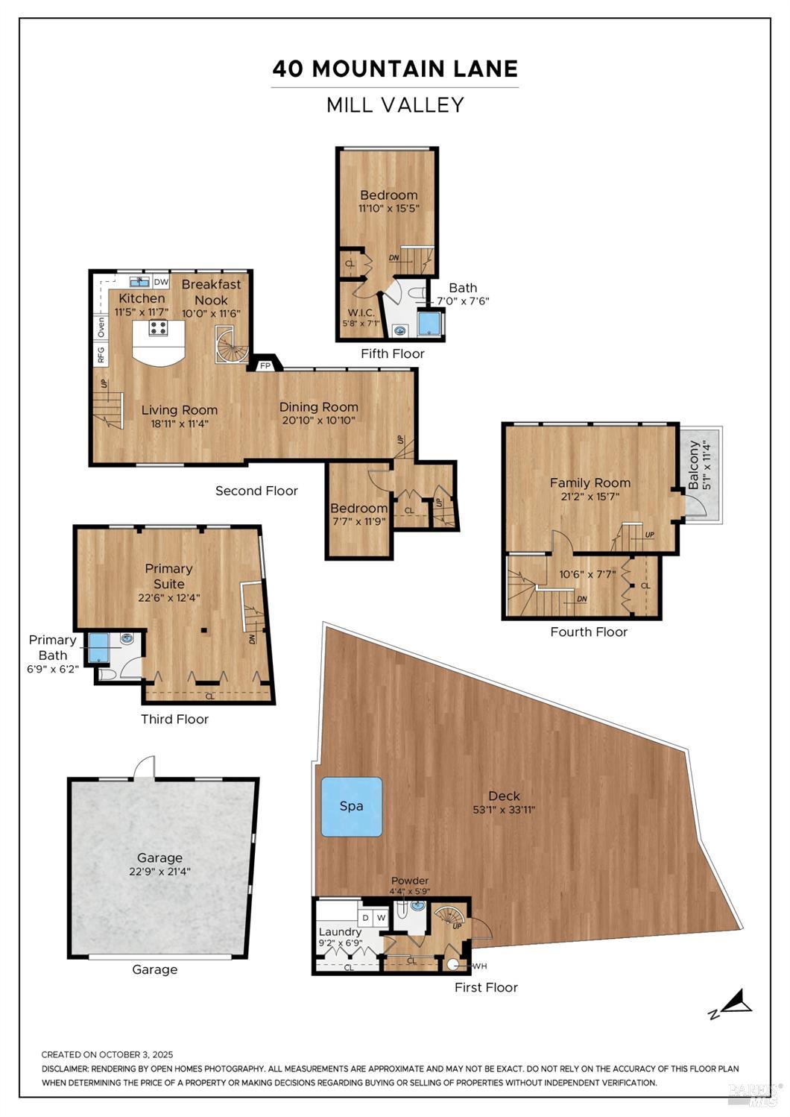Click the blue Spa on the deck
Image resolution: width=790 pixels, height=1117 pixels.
tap(351, 806)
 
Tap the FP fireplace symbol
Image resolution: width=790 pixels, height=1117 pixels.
tap(265, 365)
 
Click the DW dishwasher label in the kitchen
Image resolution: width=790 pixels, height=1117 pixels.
tap(161, 282)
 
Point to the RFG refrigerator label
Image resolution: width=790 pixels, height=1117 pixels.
tap(101, 355)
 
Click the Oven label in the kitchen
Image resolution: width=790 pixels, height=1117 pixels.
tap(101, 327)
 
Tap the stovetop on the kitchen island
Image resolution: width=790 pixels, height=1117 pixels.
tap(157, 327)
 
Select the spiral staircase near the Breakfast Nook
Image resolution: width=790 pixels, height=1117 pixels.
tap(231, 345)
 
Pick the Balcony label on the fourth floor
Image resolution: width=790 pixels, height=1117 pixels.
tap(694, 465)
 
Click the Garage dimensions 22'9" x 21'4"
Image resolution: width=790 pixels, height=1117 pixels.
tap(159, 871)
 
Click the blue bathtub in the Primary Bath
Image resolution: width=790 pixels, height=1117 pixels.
tap(98, 647)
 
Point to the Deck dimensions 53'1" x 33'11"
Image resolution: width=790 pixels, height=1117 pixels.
tap(504, 810)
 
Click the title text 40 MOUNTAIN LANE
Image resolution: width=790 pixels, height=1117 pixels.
tap(395, 69)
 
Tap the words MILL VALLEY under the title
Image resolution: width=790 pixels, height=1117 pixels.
tap(395, 105)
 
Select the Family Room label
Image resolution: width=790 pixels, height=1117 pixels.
tap(590, 482)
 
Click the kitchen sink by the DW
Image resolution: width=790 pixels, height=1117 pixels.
tap(139, 281)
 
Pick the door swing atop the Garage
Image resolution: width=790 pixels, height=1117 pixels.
tap(145, 767)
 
